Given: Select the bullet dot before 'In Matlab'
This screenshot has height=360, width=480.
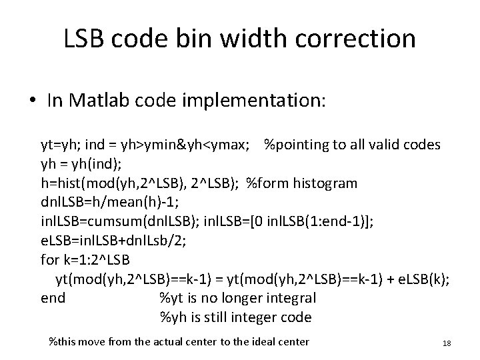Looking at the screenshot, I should pyautogui.click(x=33, y=101).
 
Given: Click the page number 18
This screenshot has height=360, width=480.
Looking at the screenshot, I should pyautogui.click(x=447, y=343).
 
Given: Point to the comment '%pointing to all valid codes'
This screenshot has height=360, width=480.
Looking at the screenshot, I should pyautogui.click(x=351, y=144).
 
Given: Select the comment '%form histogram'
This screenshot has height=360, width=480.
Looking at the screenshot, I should pyautogui.click(x=302, y=183).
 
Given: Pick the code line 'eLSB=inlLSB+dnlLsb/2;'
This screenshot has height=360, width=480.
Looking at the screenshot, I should pyautogui.click(x=109, y=241).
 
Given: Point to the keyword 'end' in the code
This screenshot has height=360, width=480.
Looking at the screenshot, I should pyautogui.click(x=53, y=298).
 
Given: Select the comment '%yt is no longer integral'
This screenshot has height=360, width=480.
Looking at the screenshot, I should pyautogui.click(x=237, y=298).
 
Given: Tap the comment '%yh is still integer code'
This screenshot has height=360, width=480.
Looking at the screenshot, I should pyautogui.click(x=235, y=317).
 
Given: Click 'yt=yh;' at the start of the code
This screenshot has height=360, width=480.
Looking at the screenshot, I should pyautogui.click(x=59, y=144).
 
